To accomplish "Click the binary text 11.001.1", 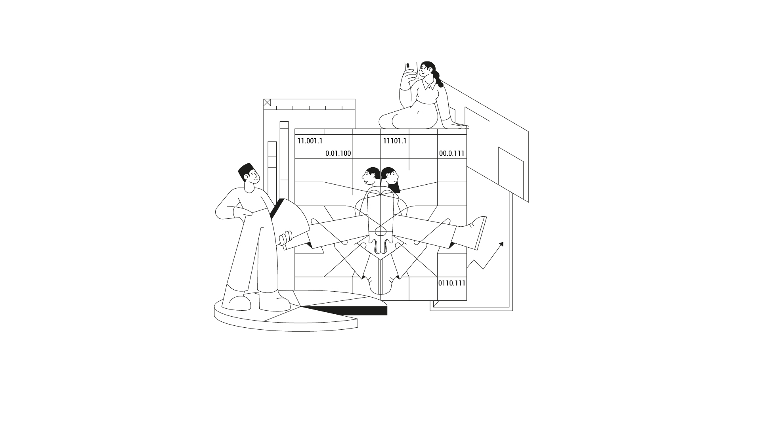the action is pos(310,141).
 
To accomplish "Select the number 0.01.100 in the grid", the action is pos(338,153).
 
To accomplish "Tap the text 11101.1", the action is pos(395,141).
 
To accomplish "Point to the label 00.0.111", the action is pos(452,153).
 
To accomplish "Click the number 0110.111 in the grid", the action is pos(452,283).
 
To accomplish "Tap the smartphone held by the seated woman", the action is pos(411,70).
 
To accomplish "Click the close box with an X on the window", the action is pos(267,102).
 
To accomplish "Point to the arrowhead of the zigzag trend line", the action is pos(501,244).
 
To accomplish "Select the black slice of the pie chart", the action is pos(345,310).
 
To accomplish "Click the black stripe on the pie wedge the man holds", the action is pos(277,208).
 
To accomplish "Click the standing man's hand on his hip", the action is pos(243,213).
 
